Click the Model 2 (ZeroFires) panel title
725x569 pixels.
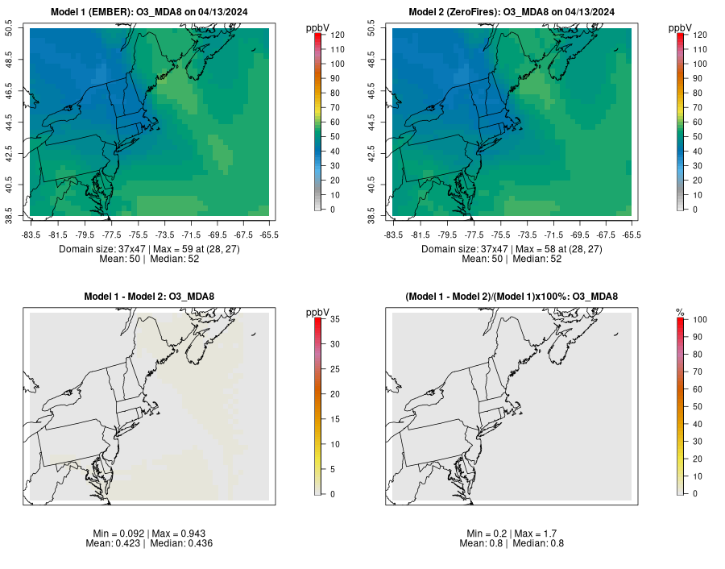tap(515, 11)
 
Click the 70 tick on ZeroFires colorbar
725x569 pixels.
tap(697, 107)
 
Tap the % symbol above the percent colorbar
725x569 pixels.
tap(680, 312)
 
